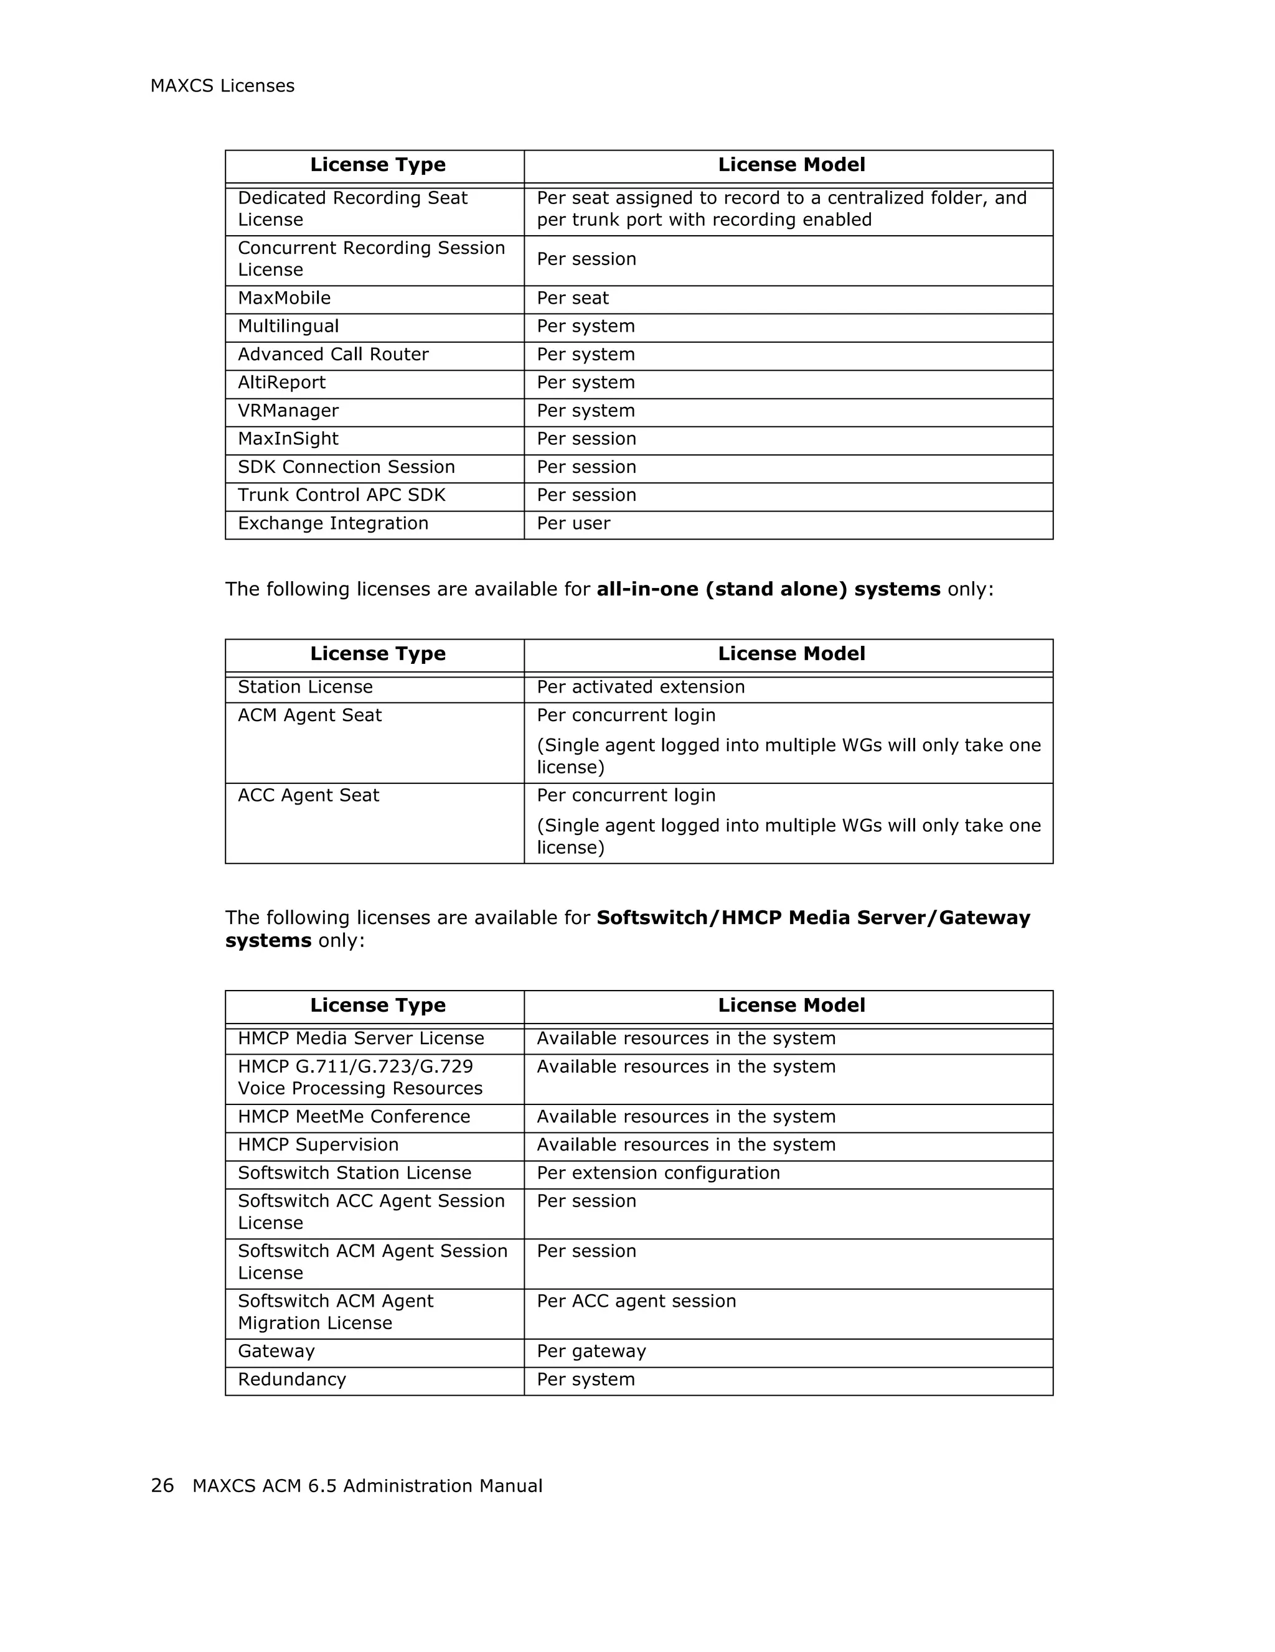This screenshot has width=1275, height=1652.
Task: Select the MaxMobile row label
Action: pyautogui.click(x=284, y=298)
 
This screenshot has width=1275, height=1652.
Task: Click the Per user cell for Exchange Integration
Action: pyautogui.click(x=573, y=523)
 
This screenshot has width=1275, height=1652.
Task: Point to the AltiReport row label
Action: pyautogui.click(x=281, y=383)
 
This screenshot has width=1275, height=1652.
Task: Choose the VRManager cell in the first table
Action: pyautogui.click(x=288, y=411)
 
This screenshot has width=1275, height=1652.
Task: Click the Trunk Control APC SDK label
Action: pyautogui.click(x=341, y=495)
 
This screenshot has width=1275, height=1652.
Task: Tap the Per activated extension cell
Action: pyautogui.click(x=640, y=687)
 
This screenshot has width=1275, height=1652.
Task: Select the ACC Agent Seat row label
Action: pyautogui.click(x=308, y=796)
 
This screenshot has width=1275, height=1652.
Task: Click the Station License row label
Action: pyautogui.click(x=305, y=687)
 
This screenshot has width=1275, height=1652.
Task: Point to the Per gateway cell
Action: pyautogui.click(x=591, y=1351)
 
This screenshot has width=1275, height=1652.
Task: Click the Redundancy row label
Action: pyautogui.click(x=291, y=1379)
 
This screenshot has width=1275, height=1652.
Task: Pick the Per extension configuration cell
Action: pyautogui.click(x=657, y=1173)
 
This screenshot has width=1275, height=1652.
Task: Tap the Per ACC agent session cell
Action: pyautogui.click(x=636, y=1301)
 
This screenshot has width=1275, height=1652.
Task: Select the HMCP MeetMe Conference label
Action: pyautogui.click(x=354, y=1116)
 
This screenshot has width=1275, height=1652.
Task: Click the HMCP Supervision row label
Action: pyautogui.click(x=318, y=1144)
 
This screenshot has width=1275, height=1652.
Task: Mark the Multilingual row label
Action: pyautogui.click(x=288, y=326)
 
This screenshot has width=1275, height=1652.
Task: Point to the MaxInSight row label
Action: pyautogui.click(x=288, y=439)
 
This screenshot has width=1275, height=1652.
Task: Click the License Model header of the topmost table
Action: pyautogui.click(x=791, y=165)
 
